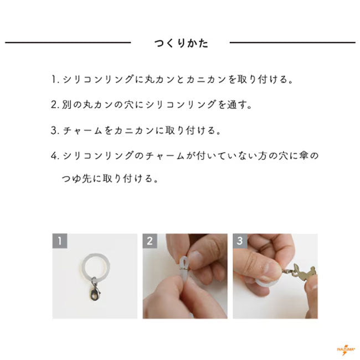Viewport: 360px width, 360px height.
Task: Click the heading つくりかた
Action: pyautogui.click(x=181, y=43)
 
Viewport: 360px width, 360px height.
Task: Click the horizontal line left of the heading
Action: pyautogui.click(x=68, y=43)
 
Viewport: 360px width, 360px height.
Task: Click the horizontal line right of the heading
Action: pyautogui.click(x=292, y=43)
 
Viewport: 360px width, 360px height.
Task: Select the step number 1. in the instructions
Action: pyautogui.click(x=55, y=79)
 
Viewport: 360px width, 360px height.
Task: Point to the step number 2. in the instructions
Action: pyautogui.click(x=55, y=105)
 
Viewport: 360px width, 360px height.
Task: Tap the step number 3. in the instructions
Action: pyautogui.click(x=55, y=130)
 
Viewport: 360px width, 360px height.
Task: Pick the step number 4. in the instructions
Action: pyautogui.click(x=55, y=156)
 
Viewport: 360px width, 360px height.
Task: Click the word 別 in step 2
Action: pyautogui.click(x=66, y=105)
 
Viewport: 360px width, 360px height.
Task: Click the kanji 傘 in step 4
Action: pyautogui.click(x=304, y=156)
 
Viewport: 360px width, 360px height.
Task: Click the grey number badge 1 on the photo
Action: pyautogui.click(x=60, y=241)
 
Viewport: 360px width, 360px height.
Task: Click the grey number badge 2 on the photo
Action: pyautogui.click(x=150, y=241)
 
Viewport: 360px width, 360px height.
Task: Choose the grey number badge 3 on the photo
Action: pyautogui.click(x=240, y=241)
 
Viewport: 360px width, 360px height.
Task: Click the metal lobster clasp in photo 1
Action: pyautogui.click(x=95, y=291)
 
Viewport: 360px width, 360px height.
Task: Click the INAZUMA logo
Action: pyautogui.click(x=346, y=349)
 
